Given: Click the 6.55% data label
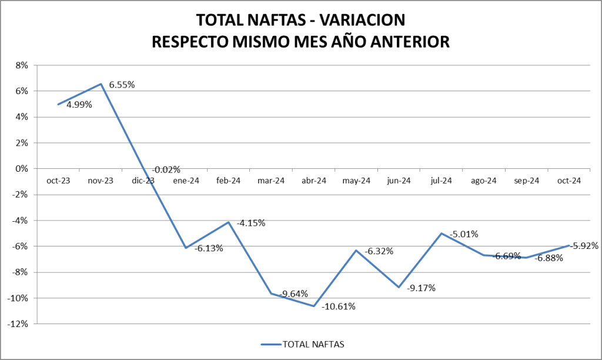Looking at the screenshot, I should coord(122,85).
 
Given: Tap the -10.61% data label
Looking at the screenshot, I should coord(339,306).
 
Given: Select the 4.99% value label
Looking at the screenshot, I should coord(79,106).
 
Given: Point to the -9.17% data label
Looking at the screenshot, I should coord(421,288).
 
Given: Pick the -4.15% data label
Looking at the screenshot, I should coord(251,224).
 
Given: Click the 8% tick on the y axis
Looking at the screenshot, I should coord(22,65).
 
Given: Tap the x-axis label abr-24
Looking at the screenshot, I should coord(313,181).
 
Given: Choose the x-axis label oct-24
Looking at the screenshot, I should coord(568,181).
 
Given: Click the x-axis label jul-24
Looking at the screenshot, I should coord(441,181).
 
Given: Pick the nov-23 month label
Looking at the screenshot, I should coord(101,181).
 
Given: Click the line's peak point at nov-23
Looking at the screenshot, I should coord(101,84).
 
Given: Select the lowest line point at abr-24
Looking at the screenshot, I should coord(314,306).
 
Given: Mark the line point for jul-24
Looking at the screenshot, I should coord(441,234).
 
